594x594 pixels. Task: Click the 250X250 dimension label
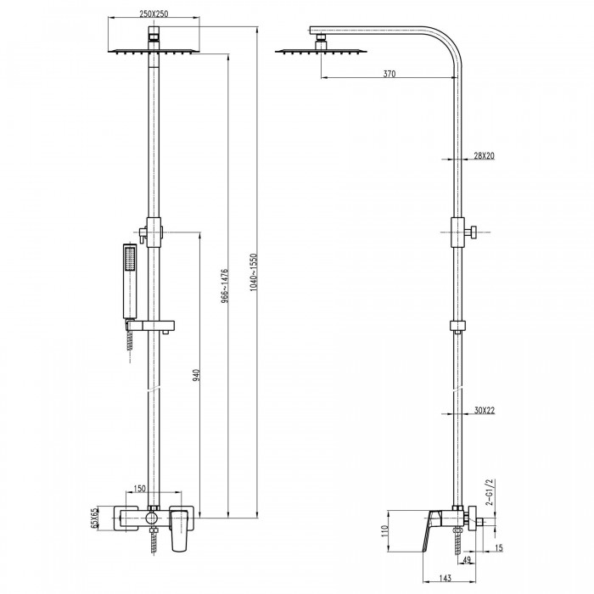(x=154, y=14)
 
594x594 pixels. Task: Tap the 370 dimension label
(x=389, y=74)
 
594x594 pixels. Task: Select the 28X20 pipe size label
(x=485, y=155)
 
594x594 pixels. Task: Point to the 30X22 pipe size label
(x=485, y=410)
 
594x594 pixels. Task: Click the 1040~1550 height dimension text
(x=254, y=272)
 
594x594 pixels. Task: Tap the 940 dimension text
(x=196, y=375)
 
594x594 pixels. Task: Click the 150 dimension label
(x=139, y=489)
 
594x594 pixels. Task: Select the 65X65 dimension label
(x=94, y=518)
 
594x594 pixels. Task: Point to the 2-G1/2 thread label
(x=490, y=492)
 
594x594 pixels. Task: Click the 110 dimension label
(x=385, y=530)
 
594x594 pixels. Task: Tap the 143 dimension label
(x=445, y=578)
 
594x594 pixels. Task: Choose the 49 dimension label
(x=467, y=560)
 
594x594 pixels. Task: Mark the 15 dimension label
(x=499, y=548)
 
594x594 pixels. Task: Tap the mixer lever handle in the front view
(x=179, y=530)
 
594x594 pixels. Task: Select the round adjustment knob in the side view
(x=473, y=232)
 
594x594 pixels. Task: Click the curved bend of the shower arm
(x=446, y=46)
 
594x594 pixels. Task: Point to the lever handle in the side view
(x=432, y=530)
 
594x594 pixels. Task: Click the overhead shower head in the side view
(x=322, y=47)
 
